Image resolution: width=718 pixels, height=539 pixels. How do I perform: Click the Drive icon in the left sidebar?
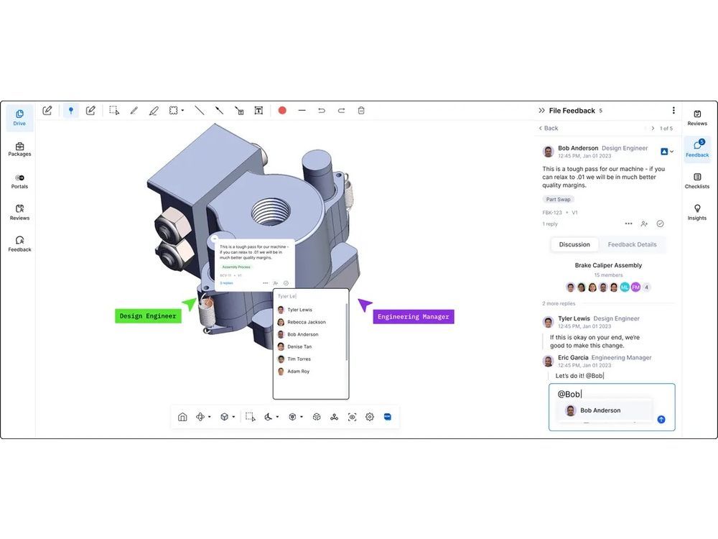pyautogui.click(x=19, y=115)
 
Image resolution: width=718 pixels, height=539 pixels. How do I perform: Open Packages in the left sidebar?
pyautogui.click(x=19, y=148)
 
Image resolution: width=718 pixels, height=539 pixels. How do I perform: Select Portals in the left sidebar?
pyautogui.click(x=19, y=180)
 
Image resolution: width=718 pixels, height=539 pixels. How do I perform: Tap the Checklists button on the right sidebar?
pyautogui.click(x=696, y=180)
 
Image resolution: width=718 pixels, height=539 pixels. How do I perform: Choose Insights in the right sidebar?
pyautogui.click(x=696, y=211)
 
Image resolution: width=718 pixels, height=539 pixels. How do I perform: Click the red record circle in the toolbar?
pyautogui.click(x=282, y=111)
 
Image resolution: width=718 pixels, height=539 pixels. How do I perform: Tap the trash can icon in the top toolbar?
pyautogui.click(x=361, y=111)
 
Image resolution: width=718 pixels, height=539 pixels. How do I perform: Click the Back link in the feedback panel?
pyautogui.click(x=548, y=128)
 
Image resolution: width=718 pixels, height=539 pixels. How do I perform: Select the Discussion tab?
pyautogui.click(x=574, y=244)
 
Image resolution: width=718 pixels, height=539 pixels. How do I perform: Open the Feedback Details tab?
pyautogui.click(x=632, y=244)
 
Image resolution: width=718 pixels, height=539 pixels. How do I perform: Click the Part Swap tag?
pyautogui.click(x=558, y=199)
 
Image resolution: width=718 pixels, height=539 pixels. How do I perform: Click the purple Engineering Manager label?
pyautogui.click(x=414, y=316)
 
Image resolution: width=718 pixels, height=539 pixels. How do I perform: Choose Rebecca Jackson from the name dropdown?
pyautogui.click(x=306, y=322)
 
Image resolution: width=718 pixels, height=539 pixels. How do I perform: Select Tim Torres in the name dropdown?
pyautogui.click(x=299, y=359)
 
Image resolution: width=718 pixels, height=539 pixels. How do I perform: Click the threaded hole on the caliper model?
pyautogui.click(x=271, y=211)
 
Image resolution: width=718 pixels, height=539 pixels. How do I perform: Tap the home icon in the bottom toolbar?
pyautogui.click(x=182, y=417)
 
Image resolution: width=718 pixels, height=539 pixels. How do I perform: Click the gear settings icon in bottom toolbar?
pyautogui.click(x=370, y=417)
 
